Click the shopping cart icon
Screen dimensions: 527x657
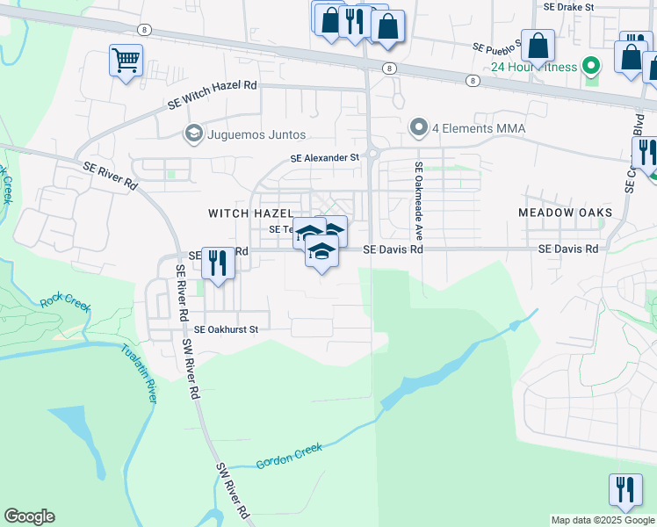[x=126, y=61]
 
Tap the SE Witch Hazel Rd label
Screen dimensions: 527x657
[x=213, y=94]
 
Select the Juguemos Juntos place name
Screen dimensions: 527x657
[x=256, y=134]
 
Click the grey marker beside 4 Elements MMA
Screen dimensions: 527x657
[x=419, y=128]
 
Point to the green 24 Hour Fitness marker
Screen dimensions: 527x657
[x=591, y=66]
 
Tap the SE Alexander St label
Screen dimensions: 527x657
[x=326, y=158]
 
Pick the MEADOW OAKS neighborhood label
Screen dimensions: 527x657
[x=565, y=213]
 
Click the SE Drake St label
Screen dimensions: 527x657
[x=569, y=6]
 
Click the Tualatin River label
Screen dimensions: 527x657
[x=139, y=372]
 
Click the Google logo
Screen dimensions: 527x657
[x=29, y=516]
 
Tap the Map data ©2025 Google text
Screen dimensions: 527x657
[x=603, y=520]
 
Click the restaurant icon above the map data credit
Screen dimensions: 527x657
[x=625, y=489]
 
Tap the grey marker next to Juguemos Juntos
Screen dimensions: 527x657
[x=193, y=134]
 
